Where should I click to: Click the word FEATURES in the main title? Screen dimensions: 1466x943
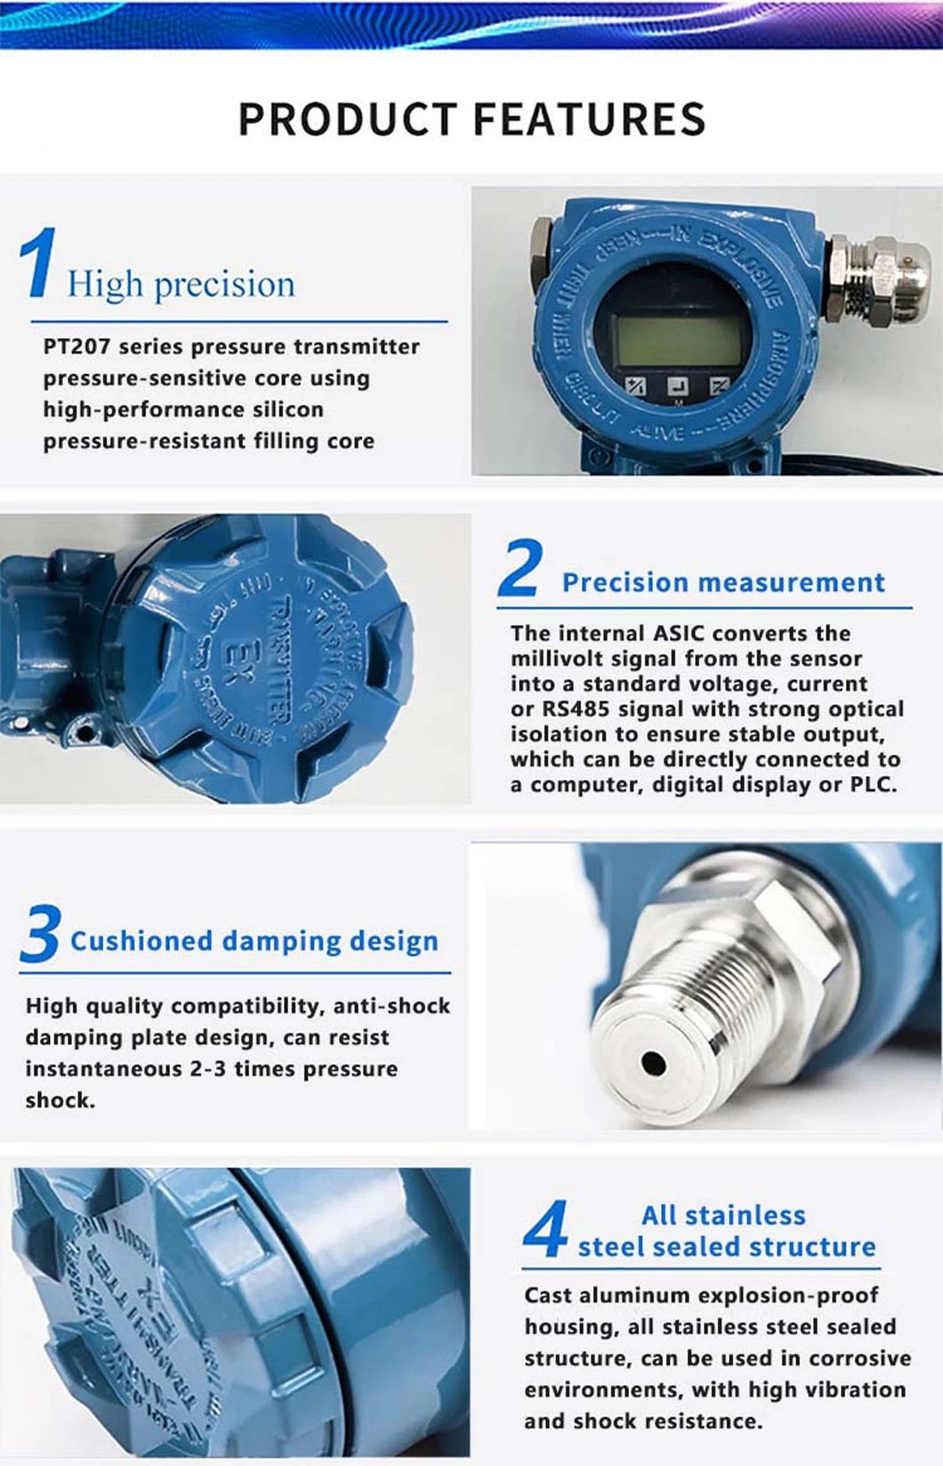point(589,119)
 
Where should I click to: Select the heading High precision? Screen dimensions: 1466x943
point(181,284)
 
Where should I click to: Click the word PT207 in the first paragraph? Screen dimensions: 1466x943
point(77,346)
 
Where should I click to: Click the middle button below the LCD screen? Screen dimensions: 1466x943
point(678,386)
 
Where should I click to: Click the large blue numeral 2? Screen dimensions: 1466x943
point(520,568)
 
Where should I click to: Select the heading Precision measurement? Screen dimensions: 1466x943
point(723,582)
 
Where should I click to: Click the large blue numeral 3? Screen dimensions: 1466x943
point(40,934)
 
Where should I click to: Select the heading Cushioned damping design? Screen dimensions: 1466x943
point(254,941)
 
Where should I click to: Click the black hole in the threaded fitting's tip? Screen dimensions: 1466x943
point(654,1064)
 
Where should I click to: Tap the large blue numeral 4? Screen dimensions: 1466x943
point(545,1229)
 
